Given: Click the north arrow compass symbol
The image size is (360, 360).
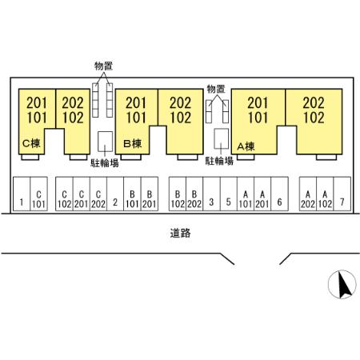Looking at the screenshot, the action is pyautogui.click(x=342, y=284).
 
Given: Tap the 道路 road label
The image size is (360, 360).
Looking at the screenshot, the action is pyautogui.click(x=181, y=233).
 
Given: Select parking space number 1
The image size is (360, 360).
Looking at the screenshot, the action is pyautogui.click(x=22, y=194).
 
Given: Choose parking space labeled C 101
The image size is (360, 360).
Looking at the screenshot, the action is pyautogui.click(x=38, y=194).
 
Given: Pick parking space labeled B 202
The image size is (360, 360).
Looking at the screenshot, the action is pyautogui.click(x=194, y=194).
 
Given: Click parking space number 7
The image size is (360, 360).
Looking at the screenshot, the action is pyautogui.click(x=342, y=194).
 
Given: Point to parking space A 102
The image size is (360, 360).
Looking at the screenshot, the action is pyautogui.click(x=325, y=194).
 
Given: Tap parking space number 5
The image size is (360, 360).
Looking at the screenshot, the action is pyautogui.click(x=229, y=194).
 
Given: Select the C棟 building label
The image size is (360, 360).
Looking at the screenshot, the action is pyautogui.click(x=31, y=143).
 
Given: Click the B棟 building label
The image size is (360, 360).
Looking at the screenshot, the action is pyautogui.click(x=133, y=144).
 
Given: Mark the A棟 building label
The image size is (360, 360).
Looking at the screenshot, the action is pyautogui.click(x=246, y=146).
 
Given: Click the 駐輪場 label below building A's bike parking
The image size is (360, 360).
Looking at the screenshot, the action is pyautogui.click(x=219, y=161).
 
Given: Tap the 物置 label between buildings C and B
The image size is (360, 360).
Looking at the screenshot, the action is pyautogui.click(x=103, y=66).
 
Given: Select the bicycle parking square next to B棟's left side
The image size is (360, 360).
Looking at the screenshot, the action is pyautogui.click(x=105, y=142).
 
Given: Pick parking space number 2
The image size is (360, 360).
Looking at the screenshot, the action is pyautogui.click(x=115, y=194).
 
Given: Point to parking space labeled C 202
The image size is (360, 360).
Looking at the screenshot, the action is pyautogui.click(x=98, y=194).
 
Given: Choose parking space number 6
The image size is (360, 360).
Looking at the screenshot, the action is pyautogui.click(x=279, y=194).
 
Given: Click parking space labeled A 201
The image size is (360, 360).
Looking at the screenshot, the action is pyautogui.click(x=262, y=194).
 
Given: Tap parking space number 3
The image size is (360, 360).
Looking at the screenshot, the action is pyautogui.click(x=211, y=194).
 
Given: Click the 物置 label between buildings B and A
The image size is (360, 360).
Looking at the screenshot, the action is pyautogui.click(x=216, y=89).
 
